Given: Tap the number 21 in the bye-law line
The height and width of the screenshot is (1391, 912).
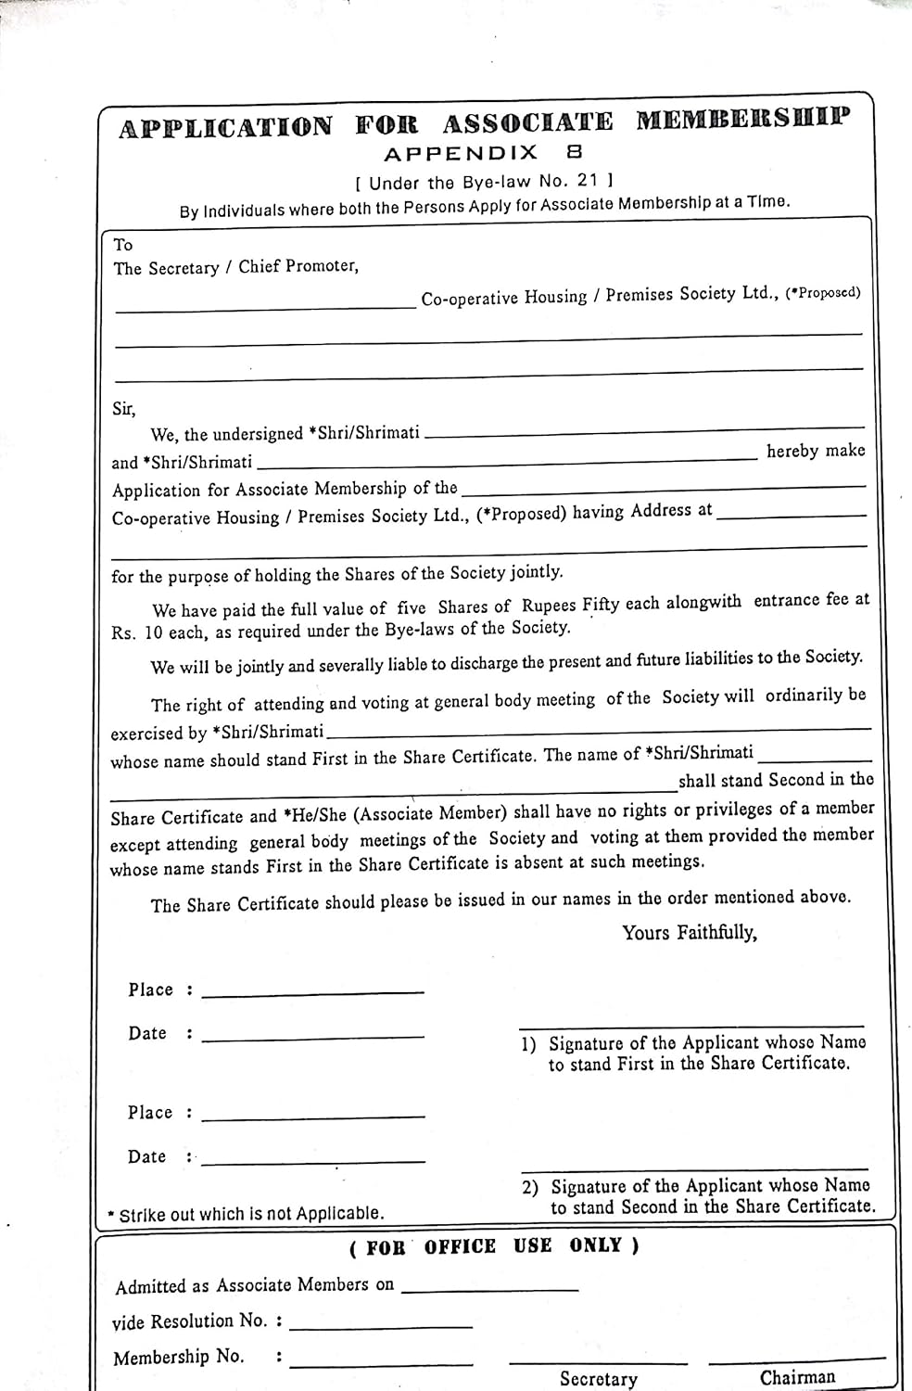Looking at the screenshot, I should (588, 180).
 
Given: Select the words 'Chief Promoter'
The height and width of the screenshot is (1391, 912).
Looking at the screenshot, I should (298, 266).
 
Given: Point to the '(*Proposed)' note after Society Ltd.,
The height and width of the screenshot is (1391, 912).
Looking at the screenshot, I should (823, 293).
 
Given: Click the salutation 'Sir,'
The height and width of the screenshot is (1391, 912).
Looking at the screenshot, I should (123, 409).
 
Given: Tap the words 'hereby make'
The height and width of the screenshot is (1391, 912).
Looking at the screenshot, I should (816, 451).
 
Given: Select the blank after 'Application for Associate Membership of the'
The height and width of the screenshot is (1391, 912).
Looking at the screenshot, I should (663, 486).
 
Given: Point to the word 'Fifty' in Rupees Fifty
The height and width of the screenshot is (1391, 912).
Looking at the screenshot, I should (601, 605).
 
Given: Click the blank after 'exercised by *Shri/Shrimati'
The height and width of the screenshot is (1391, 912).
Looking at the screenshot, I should (598, 731).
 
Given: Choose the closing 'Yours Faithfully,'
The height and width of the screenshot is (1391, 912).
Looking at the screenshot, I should (690, 933).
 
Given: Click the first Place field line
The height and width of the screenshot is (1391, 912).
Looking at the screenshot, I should (312, 993).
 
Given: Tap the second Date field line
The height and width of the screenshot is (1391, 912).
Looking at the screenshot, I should (313, 1160).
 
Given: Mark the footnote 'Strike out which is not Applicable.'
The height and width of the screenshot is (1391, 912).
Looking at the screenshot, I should (250, 1213).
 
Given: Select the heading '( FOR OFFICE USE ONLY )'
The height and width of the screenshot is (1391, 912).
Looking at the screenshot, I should (493, 1246).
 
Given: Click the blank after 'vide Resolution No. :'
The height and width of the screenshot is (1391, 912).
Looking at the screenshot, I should (380, 1327).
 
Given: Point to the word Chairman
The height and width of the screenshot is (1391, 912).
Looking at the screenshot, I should (797, 1377).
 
